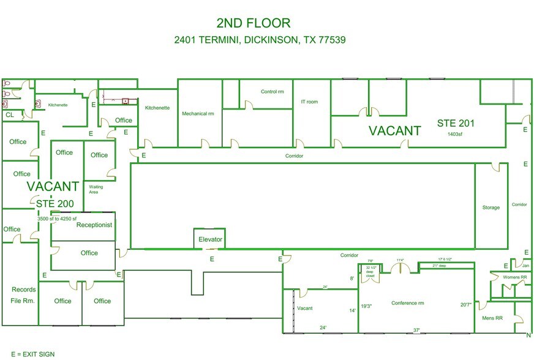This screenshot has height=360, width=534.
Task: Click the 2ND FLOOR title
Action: point(253,23)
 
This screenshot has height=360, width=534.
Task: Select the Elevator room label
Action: point(210,239)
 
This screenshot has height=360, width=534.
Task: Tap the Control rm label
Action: point(272,92)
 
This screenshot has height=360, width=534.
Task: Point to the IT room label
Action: point(309,102)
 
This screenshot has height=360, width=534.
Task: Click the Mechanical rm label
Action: point(198,113)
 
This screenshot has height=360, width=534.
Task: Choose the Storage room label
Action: point(491,208)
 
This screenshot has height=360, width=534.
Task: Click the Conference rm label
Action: point(408,303)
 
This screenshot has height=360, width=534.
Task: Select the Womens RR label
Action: point(514,277)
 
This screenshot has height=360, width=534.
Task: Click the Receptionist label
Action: point(94,225)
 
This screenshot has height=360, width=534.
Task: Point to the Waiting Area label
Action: point(96,189)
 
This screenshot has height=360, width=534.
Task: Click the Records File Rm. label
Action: point(23,295)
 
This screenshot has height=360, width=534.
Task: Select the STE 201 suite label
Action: point(456,123)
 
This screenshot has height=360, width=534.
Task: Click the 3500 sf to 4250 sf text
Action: point(57,219)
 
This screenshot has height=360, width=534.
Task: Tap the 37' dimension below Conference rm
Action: point(416,330)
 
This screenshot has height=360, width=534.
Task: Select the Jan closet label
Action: point(525,266)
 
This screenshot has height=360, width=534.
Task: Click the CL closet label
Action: point(10,114)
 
